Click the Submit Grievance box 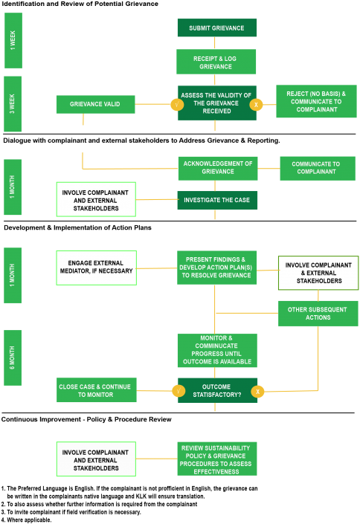tap(216, 28)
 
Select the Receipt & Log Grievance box tap(216, 62)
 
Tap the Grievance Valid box tap(96, 104)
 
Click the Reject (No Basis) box tap(316, 101)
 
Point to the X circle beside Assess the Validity tap(256, 105)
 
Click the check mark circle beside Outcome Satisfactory tap(179, 391)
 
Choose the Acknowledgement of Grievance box tap(218, 169)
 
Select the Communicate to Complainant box tap(318, 169)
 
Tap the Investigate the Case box tap(217, 200)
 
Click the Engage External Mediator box tap(97, 268)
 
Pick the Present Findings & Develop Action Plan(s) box tap(216, 268)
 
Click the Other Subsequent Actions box tap(318, 314)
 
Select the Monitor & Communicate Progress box tap(217, 350)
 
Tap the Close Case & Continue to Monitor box tap(97, 390)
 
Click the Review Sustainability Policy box tap(216, 459)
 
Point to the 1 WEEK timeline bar tap(13, 40)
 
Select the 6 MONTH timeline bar tap(13, 358)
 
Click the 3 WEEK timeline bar tap(13, 104)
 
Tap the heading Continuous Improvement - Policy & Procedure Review tap(86, 419)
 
